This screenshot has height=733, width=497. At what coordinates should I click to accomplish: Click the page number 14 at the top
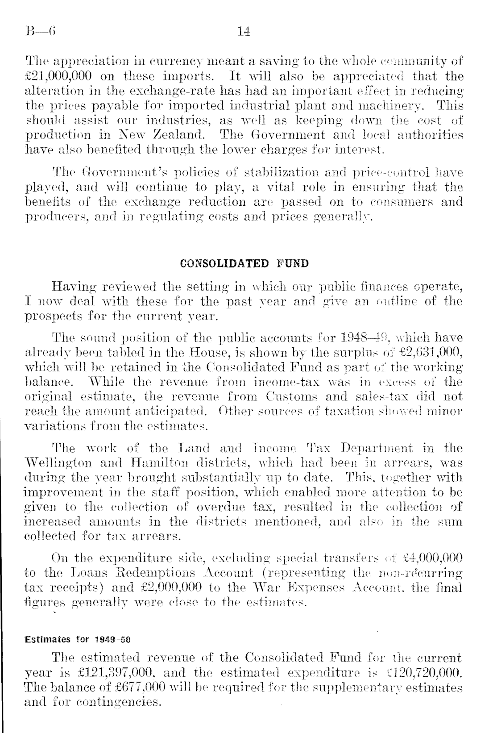244,31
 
